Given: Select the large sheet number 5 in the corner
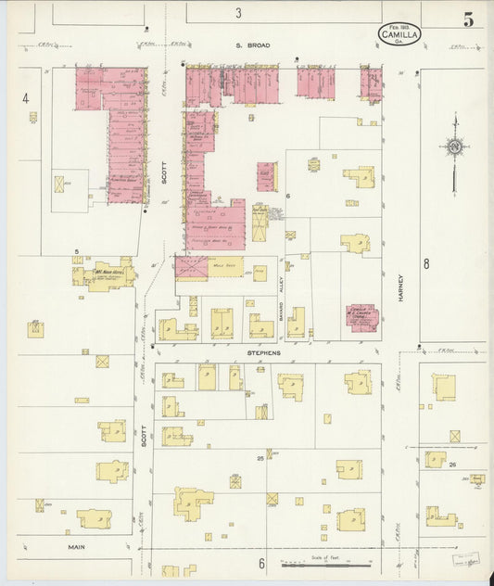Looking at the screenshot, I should click(469, 19).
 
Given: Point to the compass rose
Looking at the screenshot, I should click(454, 146).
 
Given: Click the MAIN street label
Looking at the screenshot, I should click(76, 546).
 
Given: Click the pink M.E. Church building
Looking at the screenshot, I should click(362, 317).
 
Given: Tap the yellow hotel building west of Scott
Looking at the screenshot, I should click(104, 274).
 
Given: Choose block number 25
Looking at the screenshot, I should click(260, 458).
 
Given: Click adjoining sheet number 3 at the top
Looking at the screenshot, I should click(238, 13).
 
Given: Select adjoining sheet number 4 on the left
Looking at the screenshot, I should click(26, 98).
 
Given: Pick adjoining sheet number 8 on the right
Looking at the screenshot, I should click(426, 264).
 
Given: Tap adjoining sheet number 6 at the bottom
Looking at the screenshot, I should click(262, 563).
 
